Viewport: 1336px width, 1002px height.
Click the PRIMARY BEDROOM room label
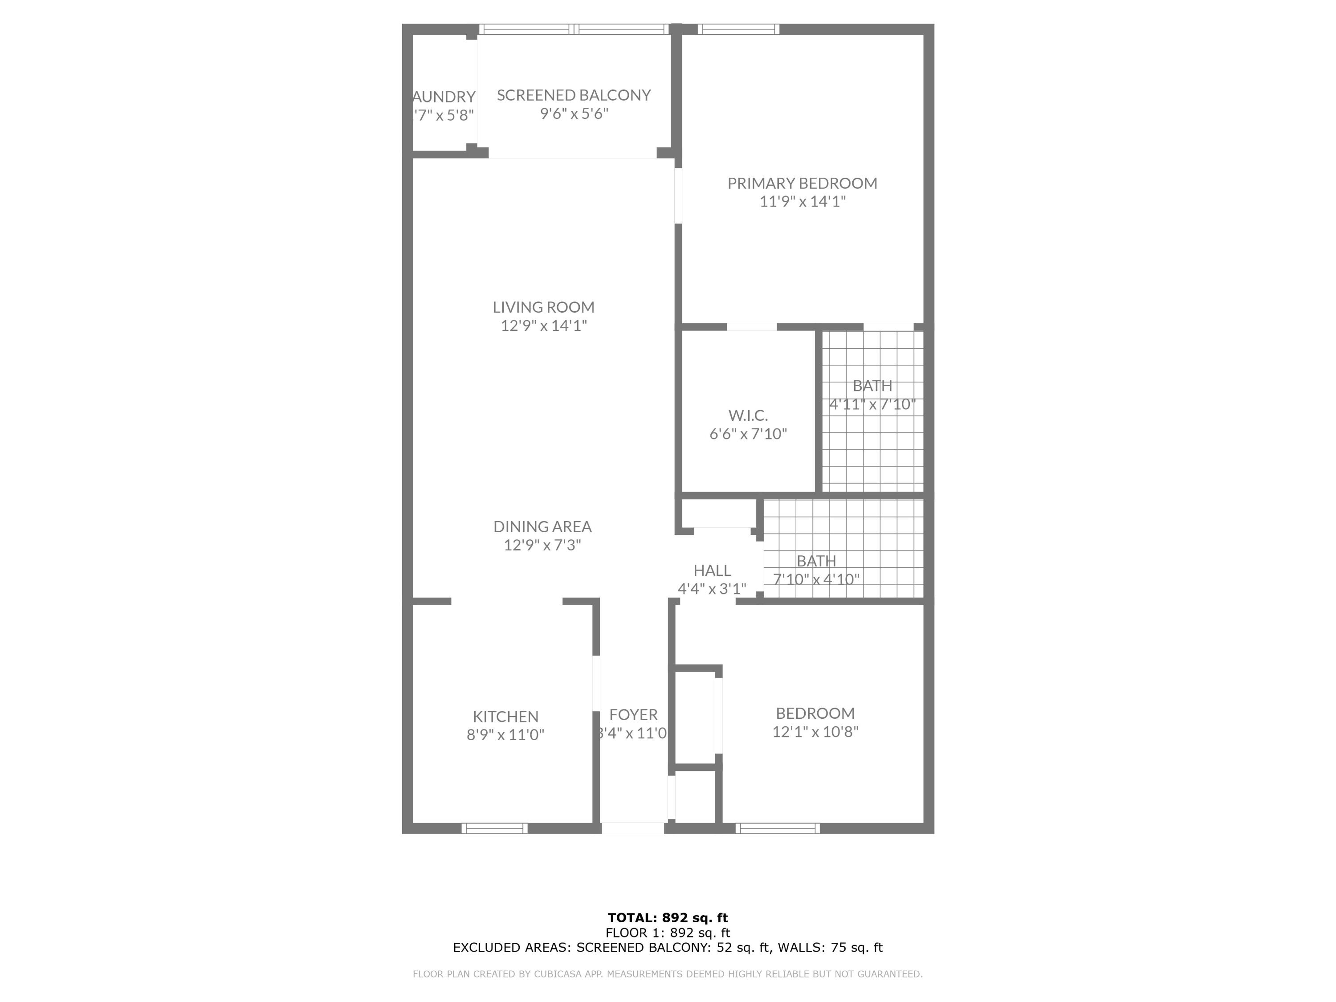coord(802,183)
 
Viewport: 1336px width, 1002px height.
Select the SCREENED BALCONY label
coord(573,95)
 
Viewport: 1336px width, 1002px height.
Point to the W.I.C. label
coord(748,415)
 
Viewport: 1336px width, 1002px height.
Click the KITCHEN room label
coord(505,716)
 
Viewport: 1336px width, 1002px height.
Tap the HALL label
coord(712,570)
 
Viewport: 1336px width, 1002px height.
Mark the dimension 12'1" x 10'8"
coord(815,731)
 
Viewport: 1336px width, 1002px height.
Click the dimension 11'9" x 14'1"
coord(802,201)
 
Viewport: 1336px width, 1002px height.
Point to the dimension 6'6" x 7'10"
coord(748,434)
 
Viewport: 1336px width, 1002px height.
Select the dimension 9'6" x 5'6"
coord(574,114)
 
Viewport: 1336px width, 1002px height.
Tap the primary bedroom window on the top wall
coord(738,29)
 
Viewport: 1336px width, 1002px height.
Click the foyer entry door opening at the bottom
coord(632,828)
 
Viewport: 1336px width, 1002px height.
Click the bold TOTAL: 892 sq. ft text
coord(668,918)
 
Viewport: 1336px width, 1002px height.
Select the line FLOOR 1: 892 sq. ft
coord(668,933)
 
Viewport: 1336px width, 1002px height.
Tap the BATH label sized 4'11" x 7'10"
coord(872,385)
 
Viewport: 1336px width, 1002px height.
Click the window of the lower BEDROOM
coord(777,828)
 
